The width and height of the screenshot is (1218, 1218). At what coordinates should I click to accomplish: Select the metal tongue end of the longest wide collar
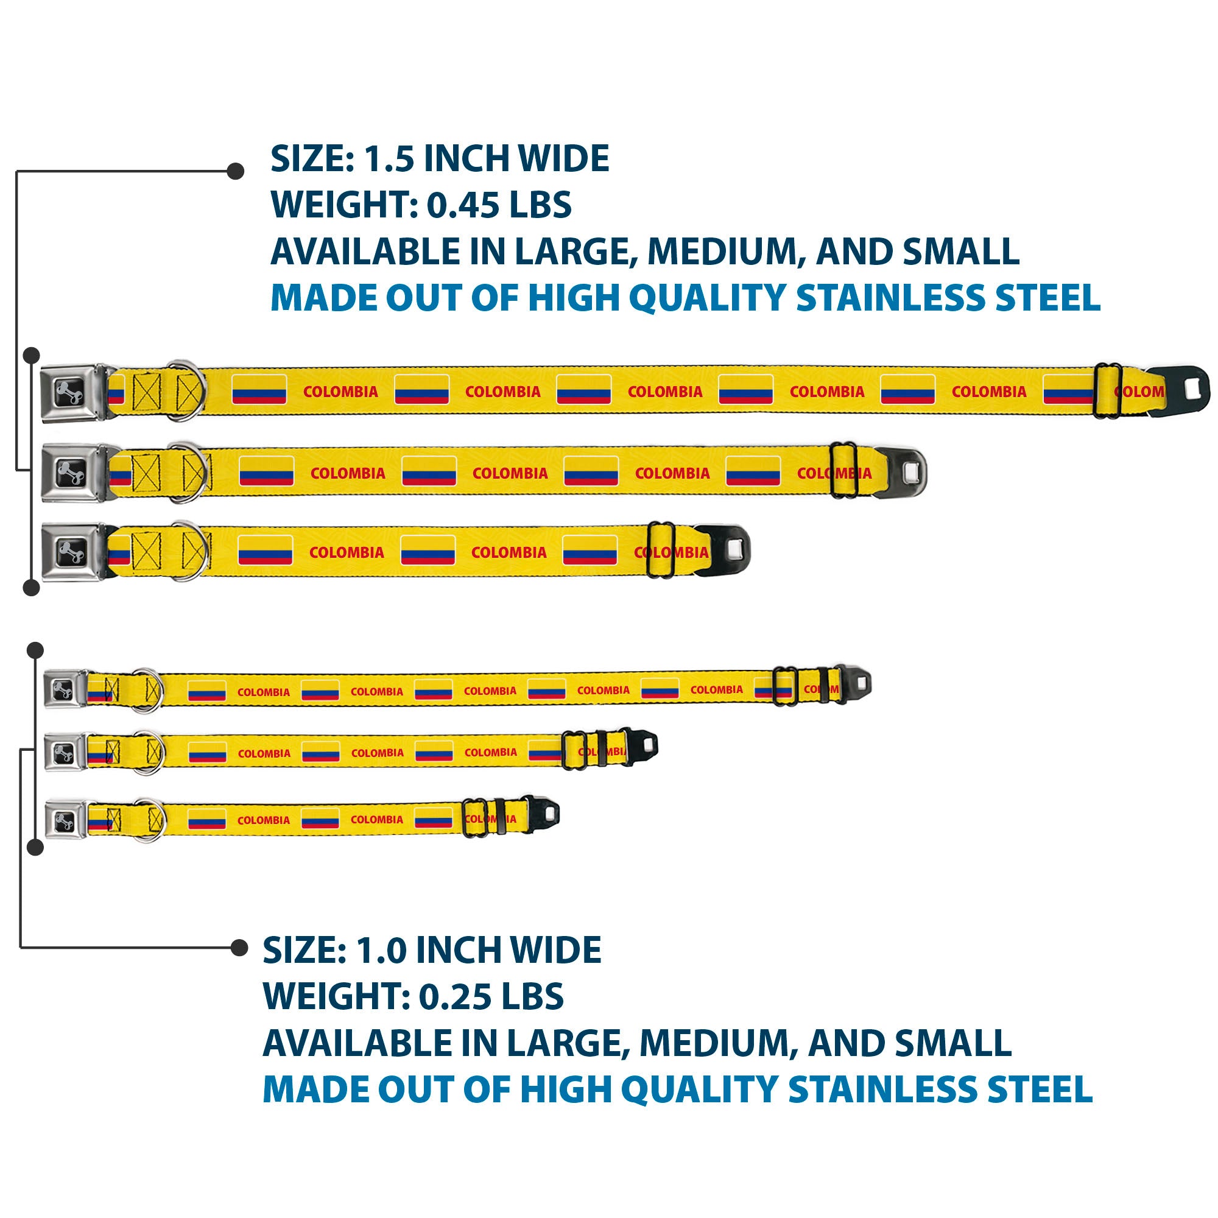click(1179, 392)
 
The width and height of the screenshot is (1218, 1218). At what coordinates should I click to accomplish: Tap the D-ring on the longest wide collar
click(186, 391)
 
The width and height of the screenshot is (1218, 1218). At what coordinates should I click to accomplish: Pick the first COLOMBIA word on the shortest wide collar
click(346, 553)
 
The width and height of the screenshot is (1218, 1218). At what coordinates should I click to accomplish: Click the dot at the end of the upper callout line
click(236, 171)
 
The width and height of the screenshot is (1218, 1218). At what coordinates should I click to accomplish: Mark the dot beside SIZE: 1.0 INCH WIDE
click(239, 948)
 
